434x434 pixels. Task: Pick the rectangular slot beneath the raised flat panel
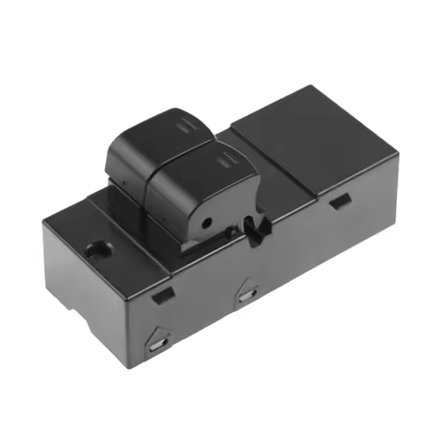coord(340,202)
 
